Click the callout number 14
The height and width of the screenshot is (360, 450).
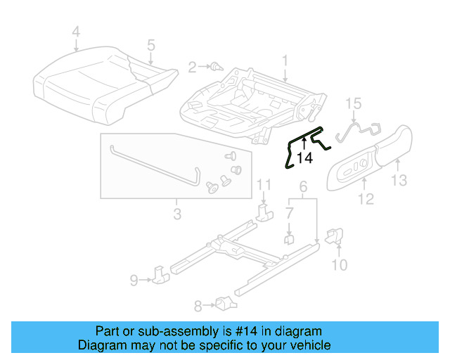click(x=304, y=159)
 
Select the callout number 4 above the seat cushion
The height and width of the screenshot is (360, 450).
click(x=76, y=31)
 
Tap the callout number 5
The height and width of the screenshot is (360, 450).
click(x=150, y=46)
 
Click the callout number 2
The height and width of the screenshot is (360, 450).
click(x=192, y=67)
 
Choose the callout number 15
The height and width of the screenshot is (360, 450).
click(x=354, y=104)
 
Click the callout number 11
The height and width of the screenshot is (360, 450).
click(x=263, y=185)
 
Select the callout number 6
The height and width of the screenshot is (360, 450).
click(x=303, y=186)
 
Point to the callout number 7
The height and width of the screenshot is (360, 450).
click(x=290, y=212)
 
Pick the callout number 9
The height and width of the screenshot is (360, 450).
click(x=134, y=281)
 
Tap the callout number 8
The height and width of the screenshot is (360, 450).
click(x=198, y=305)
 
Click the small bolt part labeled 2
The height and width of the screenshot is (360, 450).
click(x=217, y=67)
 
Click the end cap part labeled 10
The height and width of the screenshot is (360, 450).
click(x=335, y=236)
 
